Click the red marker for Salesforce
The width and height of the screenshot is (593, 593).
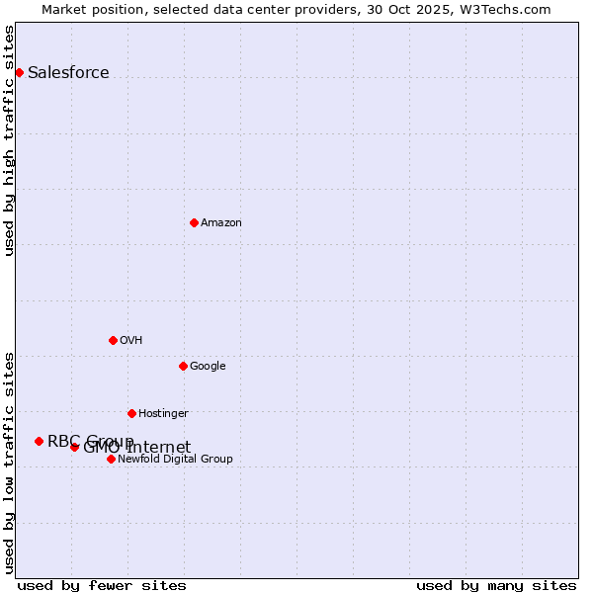tap(19, 72)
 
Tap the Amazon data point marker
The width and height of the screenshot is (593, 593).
tap(194, 222)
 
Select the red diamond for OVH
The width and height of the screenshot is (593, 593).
tap(113, 340)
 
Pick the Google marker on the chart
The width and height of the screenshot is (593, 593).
tap(183, 366)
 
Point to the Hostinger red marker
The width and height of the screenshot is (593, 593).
tap(131, 413)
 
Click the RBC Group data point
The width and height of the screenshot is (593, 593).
tap(39, 441)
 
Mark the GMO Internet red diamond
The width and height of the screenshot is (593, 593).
tap(74, 447)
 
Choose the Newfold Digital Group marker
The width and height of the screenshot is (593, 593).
tap(111, 459)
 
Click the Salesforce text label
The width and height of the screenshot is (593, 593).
tap(68, 72)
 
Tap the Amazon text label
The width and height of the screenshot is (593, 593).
tap(220, 222)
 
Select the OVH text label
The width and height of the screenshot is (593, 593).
tap(130, 340)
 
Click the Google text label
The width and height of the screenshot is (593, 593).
tap(208, 366)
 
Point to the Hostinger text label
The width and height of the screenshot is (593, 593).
tap(163, 413)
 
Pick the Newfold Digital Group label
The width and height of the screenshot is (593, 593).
tap(175, 459)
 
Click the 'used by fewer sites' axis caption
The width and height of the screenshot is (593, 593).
tap(102, 585)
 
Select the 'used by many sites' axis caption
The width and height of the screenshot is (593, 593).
tap(496, 585)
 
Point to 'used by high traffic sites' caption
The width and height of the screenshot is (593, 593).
tap(9, 140)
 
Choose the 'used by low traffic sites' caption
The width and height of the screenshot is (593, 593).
tap(9, 463)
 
